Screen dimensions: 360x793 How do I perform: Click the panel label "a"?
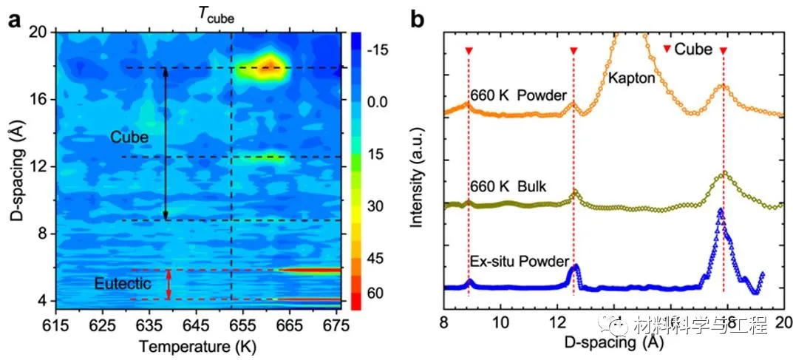[x=13, y=20]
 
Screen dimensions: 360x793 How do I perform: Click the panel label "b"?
[x=417, y=20]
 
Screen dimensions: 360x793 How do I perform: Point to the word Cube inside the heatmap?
[x=129, y=137]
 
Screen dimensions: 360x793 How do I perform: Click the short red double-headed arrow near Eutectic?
[x=169, y=285]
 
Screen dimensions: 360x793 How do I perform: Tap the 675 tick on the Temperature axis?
[x=336, y=325]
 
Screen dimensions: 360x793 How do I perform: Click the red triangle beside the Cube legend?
[x=667, y=50]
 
